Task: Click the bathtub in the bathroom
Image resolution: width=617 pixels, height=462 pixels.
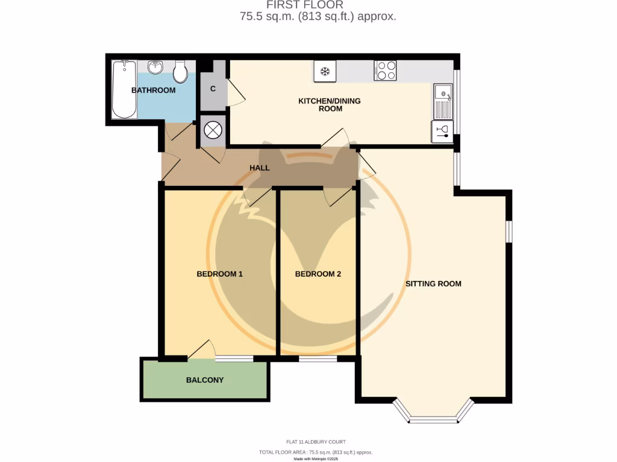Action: (x=124, y=90)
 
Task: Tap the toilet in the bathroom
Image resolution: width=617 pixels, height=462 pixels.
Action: (x=180, y=72)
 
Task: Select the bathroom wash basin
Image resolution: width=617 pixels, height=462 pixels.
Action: (x=156, y=67)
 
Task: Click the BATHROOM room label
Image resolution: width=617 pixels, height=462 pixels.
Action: (x=154, y=90)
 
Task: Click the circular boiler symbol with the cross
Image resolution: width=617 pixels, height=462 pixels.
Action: (x=213, y=131)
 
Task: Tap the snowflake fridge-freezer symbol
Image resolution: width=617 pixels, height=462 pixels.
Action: (x=325, y=72)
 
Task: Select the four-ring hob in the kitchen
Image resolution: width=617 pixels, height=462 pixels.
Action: (x=386, y=71)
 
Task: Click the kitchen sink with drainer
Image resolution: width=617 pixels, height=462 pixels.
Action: (x=443, y=100)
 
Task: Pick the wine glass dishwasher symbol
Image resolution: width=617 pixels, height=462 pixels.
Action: (x=442, y=132)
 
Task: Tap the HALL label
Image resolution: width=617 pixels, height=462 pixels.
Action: (x=260, y=168)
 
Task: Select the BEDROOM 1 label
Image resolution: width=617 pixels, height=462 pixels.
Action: (x=219, y=274)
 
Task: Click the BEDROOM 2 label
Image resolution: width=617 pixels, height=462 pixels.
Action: (x=318, y=274)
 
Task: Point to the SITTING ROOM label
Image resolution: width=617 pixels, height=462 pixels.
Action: (x=433, y=283)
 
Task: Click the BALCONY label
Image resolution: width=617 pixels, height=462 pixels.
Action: (x=205, y=380)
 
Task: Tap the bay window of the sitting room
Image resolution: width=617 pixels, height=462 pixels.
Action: (x=433, y=415)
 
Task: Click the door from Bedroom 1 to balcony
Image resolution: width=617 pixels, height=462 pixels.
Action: (x=201, y=351)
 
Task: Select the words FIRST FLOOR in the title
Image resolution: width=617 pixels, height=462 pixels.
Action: (x=318, y=5)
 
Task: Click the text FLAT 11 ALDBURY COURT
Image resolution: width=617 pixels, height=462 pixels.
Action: (x=316, y=442)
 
